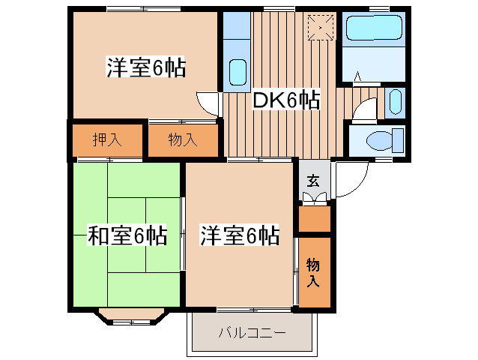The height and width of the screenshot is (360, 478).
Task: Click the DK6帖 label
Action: [x=286, y=100]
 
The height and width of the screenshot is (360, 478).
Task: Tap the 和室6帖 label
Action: [x=127, y=235]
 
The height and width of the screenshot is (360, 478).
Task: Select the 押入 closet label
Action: [x=107, y=139]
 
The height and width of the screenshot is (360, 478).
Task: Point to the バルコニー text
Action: [x=252, y=332]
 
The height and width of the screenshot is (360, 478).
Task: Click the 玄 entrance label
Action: [x=314, y=181]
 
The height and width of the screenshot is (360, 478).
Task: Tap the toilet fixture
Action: [x=384, y=140]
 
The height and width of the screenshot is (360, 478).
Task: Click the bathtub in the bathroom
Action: [x=374, y=28]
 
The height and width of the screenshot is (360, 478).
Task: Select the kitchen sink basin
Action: [x=238, y=72]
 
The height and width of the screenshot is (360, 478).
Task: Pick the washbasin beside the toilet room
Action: [x=395, y=102]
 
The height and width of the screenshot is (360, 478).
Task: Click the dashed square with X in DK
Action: [x=321, y=28]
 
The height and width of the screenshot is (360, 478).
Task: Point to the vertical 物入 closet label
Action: [x=313, y=272]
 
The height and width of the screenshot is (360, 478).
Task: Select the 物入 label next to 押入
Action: [x=183, y=139]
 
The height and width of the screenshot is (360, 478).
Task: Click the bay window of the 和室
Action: [x=131, y=317]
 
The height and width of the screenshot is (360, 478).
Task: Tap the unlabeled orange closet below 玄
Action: [x=315, y=219]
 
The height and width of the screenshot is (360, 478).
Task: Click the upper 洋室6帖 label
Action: [x=145, y=67]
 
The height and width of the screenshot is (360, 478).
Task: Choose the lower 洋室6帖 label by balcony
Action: [x=240, y=235]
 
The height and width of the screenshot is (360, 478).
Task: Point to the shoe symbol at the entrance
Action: [x=315, y=198]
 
